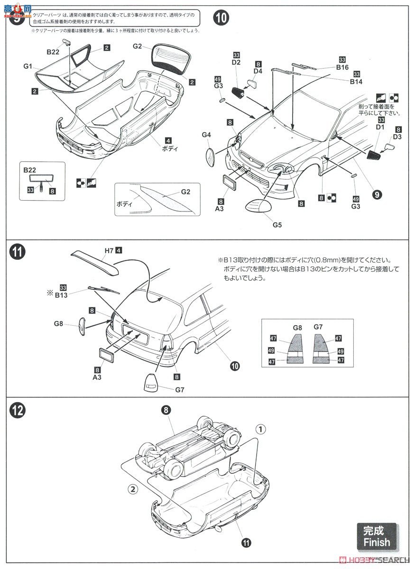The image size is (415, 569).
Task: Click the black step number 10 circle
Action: pos(221,18)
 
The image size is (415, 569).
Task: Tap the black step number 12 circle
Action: pos(17,410)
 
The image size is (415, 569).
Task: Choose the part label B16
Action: pos(342,68)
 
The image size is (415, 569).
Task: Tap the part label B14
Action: pos(356,82)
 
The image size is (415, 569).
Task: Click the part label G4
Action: pos(206,135)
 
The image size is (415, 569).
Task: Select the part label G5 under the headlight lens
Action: pos(277,224)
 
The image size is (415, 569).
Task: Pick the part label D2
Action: pos(236,63)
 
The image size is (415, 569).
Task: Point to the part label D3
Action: pos(397,137)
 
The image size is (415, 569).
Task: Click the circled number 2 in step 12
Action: pos(133,488)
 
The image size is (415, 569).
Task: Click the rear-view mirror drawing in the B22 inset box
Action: pos(42,179)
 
